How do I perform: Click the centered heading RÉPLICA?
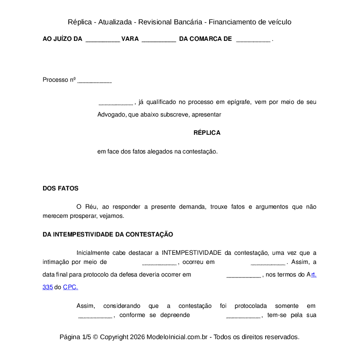coord(207,133)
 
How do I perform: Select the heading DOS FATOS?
coord(60,189)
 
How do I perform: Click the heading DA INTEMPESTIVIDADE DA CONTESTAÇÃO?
coord(108,235)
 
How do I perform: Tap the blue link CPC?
coord(70,287)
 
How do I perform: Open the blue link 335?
coord(47,287)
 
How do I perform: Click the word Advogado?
coord(111,115)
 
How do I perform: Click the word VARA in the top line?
coord(130,39)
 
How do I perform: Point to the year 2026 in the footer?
coord(137,337)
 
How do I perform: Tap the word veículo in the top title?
coord(279,22)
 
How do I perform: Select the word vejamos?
coord(111,216)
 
